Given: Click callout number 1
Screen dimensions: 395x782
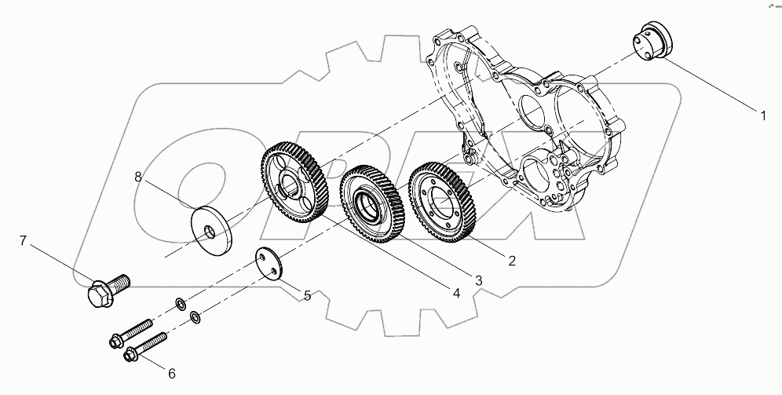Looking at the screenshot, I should (761, 116).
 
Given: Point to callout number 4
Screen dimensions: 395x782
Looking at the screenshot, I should (455, 292).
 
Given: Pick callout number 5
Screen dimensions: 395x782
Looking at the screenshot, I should (308, 296).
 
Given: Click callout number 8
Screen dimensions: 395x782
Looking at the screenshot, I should (137, 177).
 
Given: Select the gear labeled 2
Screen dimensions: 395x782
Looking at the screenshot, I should (445, 198).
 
